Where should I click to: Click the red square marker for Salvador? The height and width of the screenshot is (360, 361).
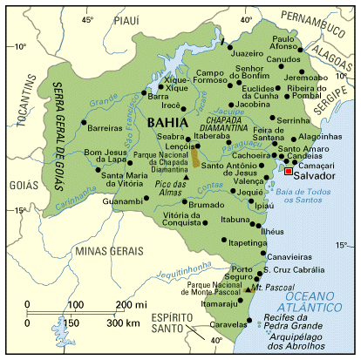point(288,172)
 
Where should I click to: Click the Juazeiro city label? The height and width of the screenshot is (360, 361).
point(247,52)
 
